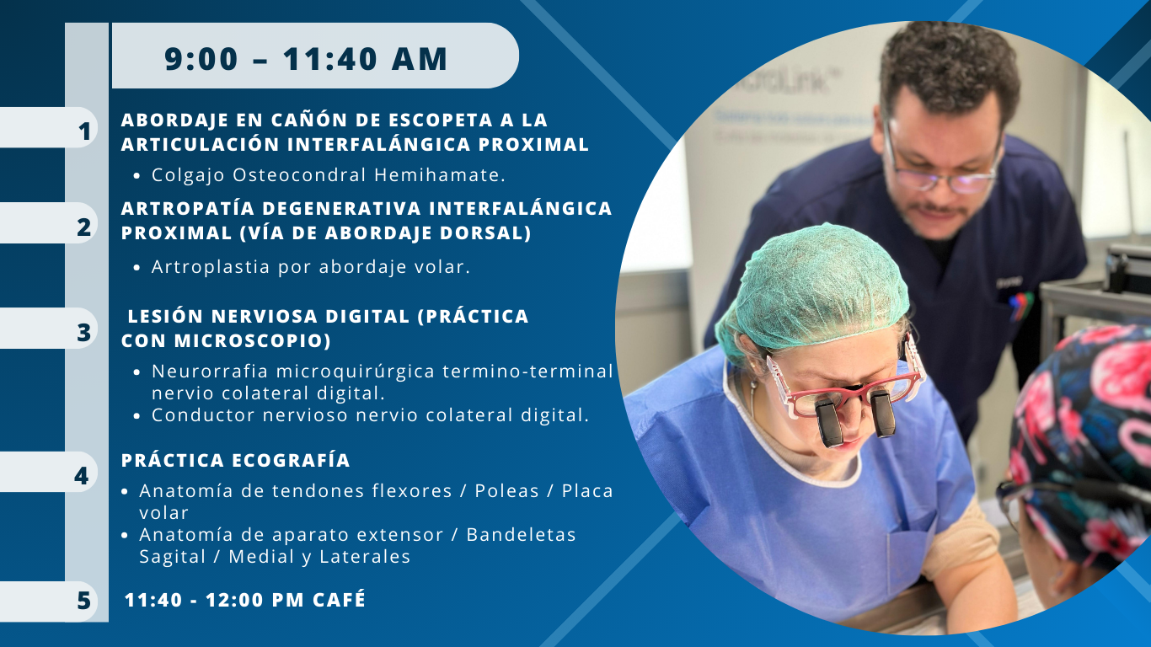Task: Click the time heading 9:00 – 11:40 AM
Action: (306, 59)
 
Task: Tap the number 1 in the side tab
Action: (85, 131)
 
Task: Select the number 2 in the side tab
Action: (84, 227)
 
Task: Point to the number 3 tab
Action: (84, 332)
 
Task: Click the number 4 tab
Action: (82, 475)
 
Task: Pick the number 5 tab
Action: (84, 600)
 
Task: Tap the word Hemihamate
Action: (440, 174)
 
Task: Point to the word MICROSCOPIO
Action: (252, 340)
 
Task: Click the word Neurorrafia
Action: (210, 371)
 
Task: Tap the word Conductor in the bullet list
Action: (203, 414)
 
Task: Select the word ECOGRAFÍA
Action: (292, 460)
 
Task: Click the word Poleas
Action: (506, 491)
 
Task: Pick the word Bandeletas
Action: (521, 534)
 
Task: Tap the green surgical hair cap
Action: (812, 291)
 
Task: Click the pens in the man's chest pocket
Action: (1020, 306)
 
